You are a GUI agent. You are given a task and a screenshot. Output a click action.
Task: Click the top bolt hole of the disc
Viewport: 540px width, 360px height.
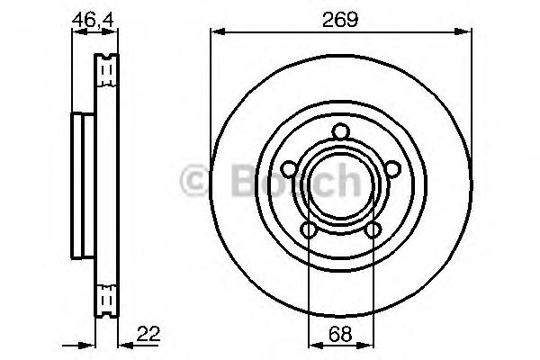pos(340,133)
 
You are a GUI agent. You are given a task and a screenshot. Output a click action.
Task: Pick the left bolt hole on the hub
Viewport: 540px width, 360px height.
pos(288,169)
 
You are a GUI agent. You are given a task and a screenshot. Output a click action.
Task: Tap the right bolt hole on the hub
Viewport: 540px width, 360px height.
pos(393,169)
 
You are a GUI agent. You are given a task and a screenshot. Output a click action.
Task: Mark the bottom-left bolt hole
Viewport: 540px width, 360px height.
pos(309,232)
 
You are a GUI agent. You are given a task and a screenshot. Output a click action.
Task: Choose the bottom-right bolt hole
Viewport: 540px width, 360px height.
pos(373,232)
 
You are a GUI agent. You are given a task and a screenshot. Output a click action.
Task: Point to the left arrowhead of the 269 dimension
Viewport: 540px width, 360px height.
pos(215,34)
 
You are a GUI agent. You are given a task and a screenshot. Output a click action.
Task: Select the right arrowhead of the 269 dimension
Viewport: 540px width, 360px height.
pos(466,34)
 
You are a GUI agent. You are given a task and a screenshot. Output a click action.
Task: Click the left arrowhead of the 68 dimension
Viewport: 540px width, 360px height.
pos(313,345)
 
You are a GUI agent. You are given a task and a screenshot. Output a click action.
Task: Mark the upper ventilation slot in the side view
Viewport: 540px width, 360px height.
pos(107,68)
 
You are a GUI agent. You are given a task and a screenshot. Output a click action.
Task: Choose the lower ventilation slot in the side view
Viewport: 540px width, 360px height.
pos(107,294)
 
